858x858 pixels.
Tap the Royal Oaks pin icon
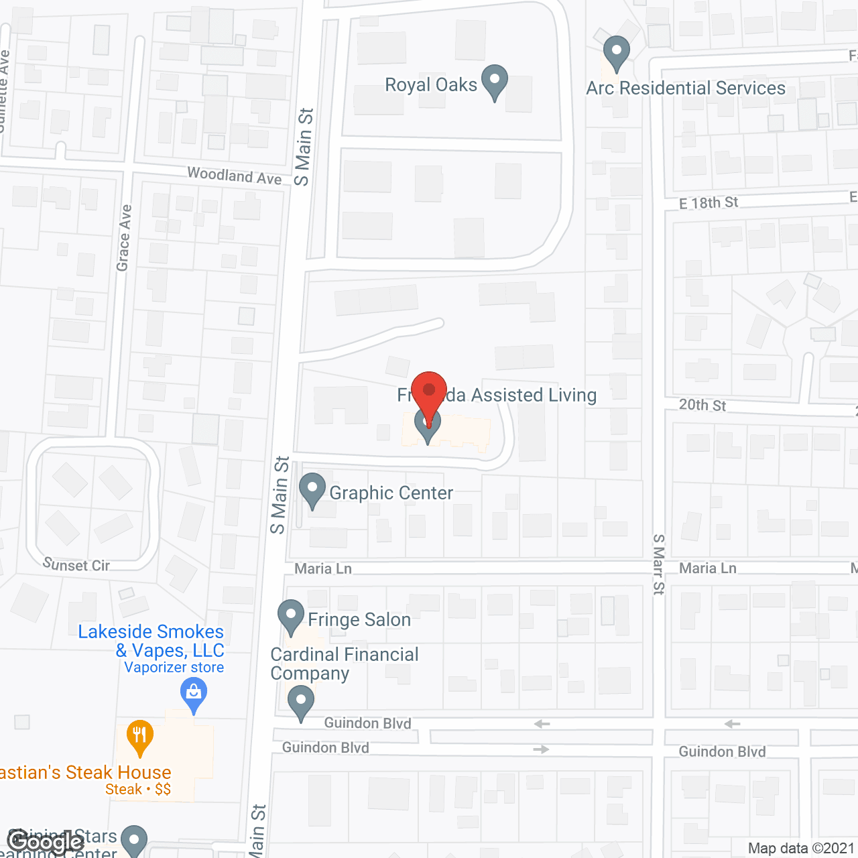(495, 81)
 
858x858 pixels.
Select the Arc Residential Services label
(685, 88)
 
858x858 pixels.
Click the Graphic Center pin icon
(312, 489)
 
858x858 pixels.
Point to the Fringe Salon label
(359, 619)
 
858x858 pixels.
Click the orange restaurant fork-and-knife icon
(139, 737)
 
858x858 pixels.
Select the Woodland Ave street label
(235, 176)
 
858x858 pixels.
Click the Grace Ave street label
(124, 238)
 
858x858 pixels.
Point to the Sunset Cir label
(76, 565)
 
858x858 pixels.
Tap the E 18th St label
(709, 202)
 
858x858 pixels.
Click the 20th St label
(702, 405)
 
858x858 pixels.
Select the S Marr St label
(659, 564)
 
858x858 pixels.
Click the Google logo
(46, 842)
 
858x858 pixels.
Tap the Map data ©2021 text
(801, 849)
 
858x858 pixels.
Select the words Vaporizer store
(174, 668)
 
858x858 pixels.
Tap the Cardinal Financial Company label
(344, 664)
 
